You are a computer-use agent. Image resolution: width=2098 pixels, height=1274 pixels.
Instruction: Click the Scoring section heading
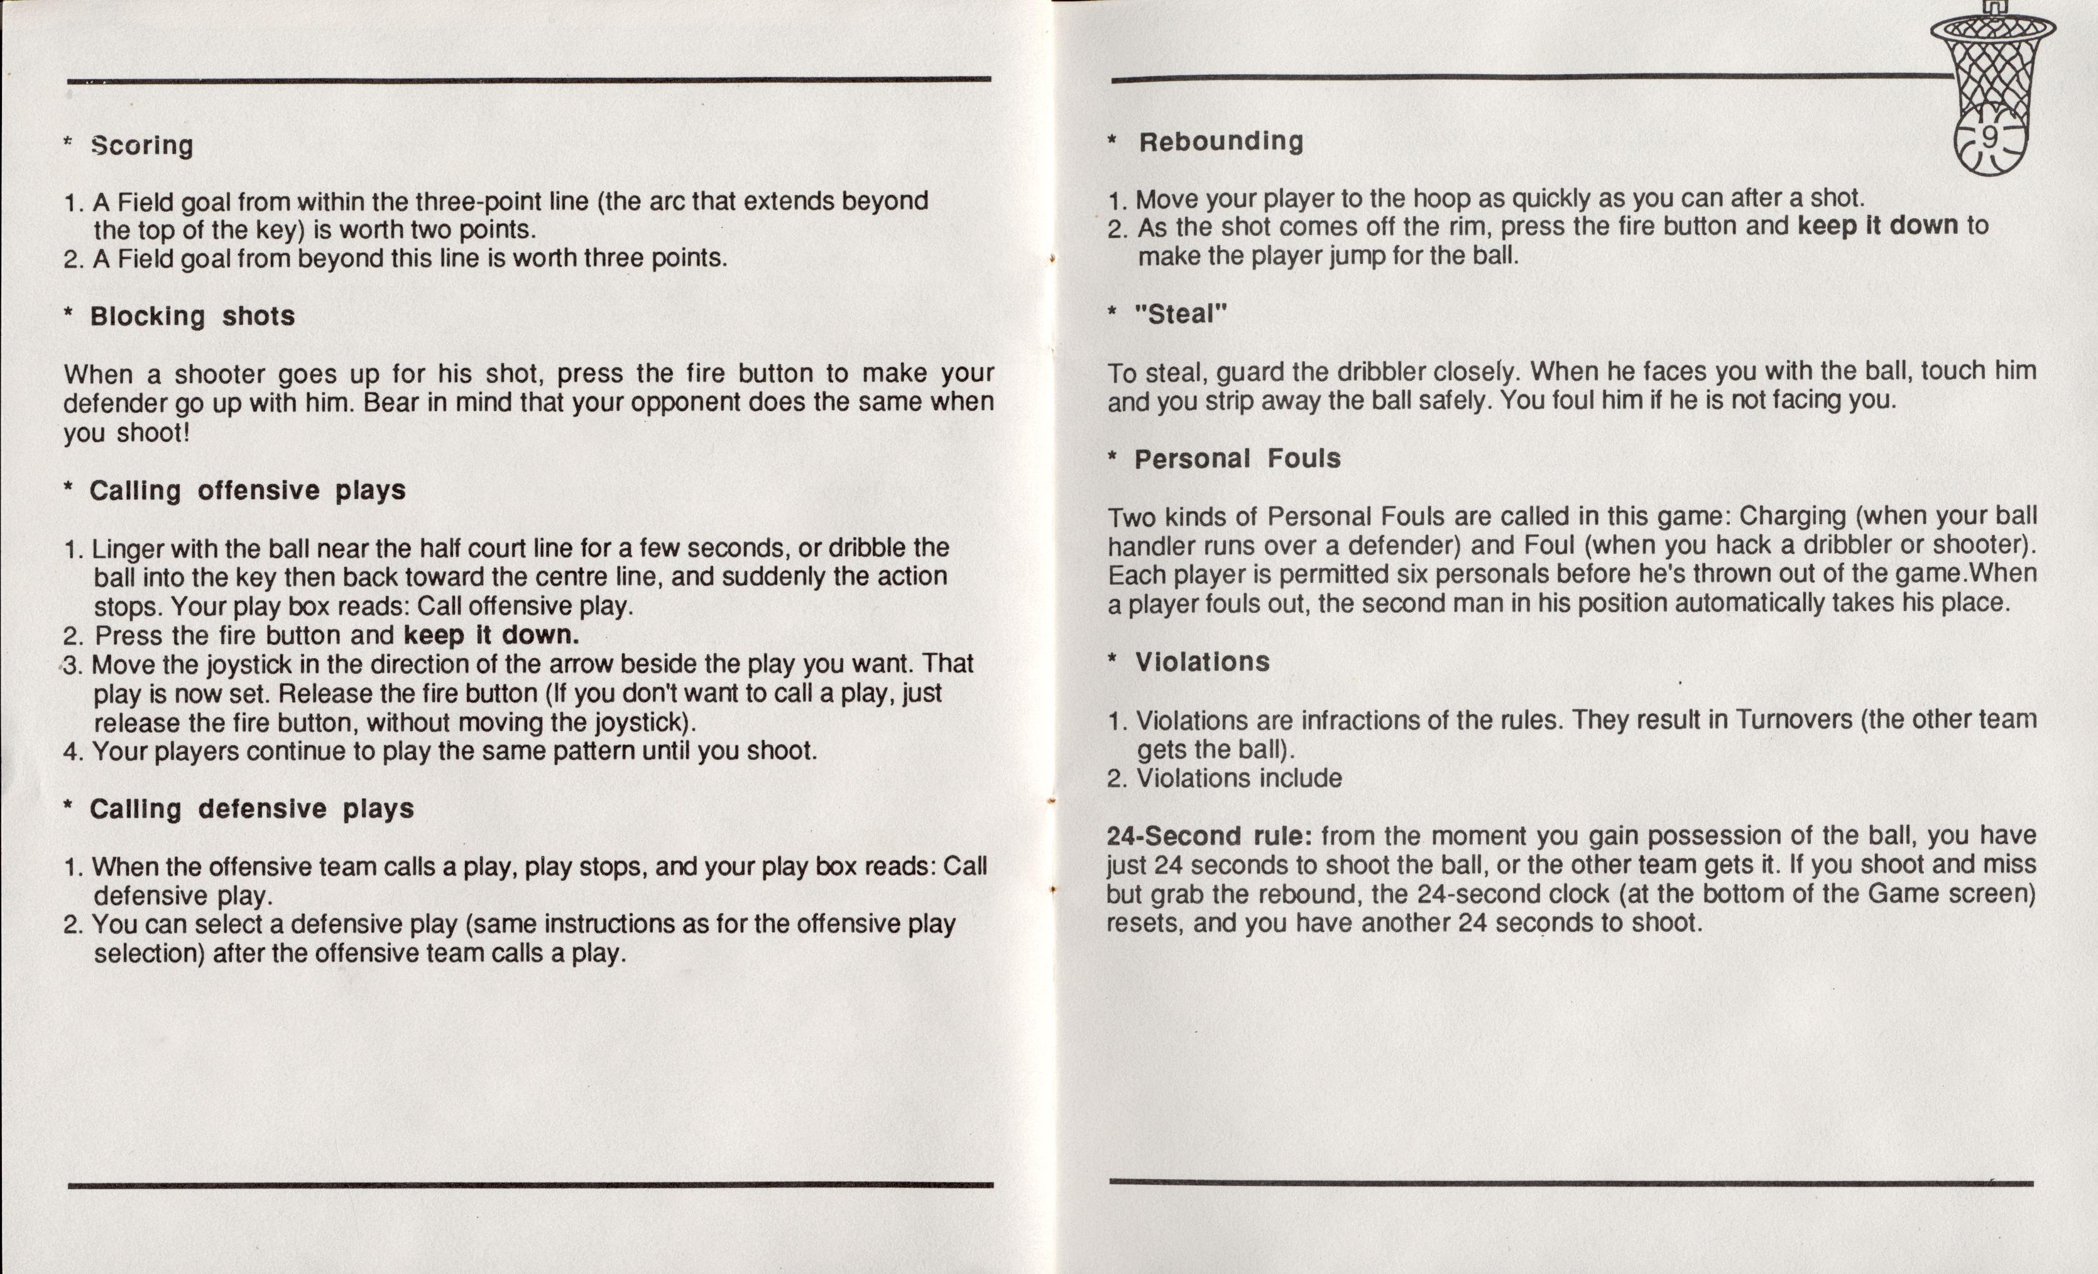click(142, 146)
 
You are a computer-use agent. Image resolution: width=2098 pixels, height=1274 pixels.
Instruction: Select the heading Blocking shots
click(192, 317)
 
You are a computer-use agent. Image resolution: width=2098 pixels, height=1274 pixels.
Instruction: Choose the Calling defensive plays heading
click(251, 809)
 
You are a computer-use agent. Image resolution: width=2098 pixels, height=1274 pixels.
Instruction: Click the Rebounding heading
click(1221, 141)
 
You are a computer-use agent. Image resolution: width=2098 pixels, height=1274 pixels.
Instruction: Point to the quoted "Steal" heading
click(1181, 314)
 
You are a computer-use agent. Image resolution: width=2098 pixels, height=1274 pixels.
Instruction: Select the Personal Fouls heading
click(1237, 459)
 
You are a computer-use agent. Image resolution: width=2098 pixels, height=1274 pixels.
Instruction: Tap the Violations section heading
click(1202, 662)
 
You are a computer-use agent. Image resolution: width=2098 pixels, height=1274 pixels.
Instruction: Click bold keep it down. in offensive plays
click(491, 635)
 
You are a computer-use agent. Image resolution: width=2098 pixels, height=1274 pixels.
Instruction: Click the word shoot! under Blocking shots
click(153, 434)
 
